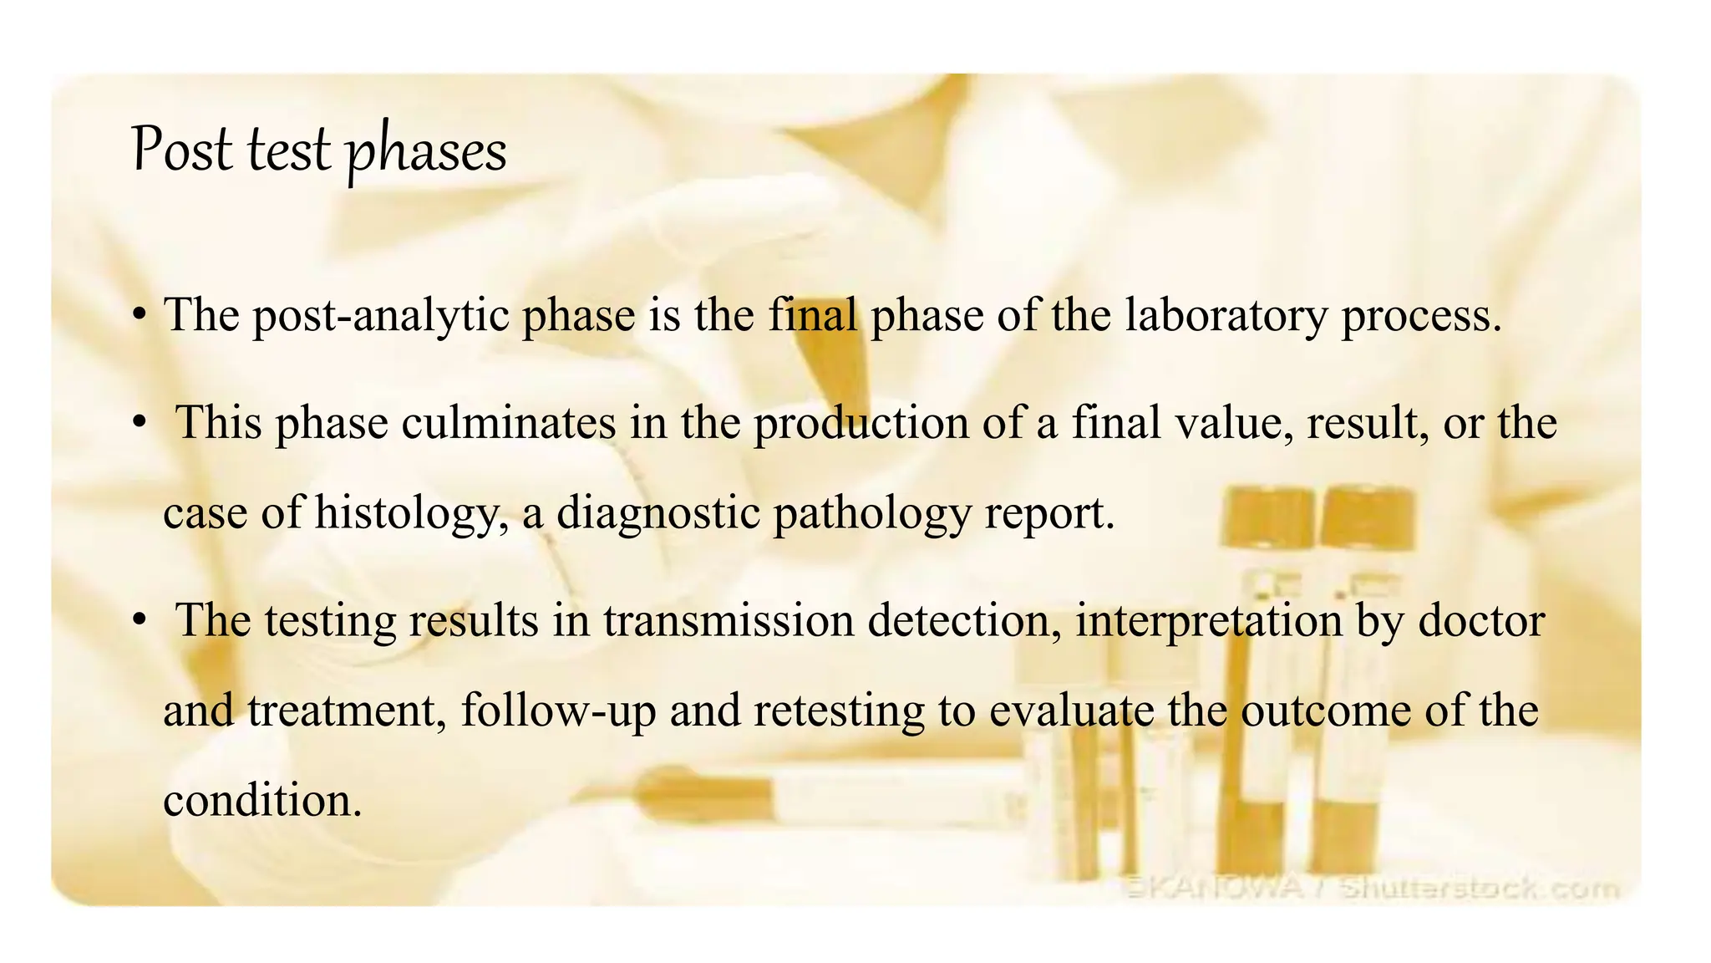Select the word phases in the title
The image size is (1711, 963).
point(426,152)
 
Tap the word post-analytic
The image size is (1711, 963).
point(381,316)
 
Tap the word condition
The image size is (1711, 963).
point(262,801)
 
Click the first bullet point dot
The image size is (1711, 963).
point(140,316)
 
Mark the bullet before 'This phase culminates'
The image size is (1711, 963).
point(140,423)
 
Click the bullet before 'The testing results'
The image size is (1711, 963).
point(140,621)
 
